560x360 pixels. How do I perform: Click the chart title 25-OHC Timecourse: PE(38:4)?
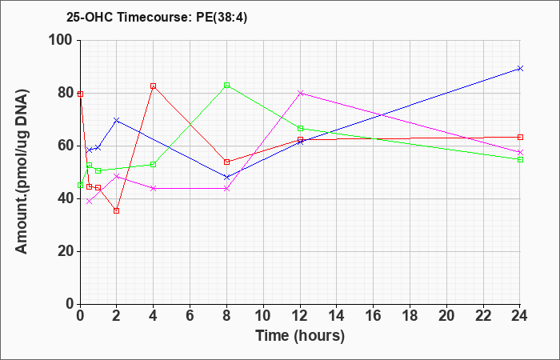157,18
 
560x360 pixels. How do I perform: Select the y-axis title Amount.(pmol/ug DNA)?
22,172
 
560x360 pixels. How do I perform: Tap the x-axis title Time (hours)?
300,336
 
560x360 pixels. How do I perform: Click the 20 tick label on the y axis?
66,251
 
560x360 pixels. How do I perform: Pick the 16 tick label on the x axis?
373,316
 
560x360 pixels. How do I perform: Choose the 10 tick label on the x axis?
263,316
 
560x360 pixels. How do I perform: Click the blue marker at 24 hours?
520,68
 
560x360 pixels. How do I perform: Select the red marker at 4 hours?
154,86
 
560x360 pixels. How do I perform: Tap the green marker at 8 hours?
226,86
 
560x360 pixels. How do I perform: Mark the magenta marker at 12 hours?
300,94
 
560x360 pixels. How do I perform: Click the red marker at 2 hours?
117,210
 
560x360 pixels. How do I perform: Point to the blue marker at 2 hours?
117,120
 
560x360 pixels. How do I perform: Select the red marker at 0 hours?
80,94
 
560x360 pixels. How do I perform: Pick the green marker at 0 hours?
80,185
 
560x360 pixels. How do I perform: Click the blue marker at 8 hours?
226,177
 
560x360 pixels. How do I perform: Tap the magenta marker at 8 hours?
226,188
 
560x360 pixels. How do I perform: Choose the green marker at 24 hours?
520,159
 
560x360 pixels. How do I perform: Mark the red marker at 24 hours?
520,137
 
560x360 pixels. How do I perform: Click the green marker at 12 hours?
300,128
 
